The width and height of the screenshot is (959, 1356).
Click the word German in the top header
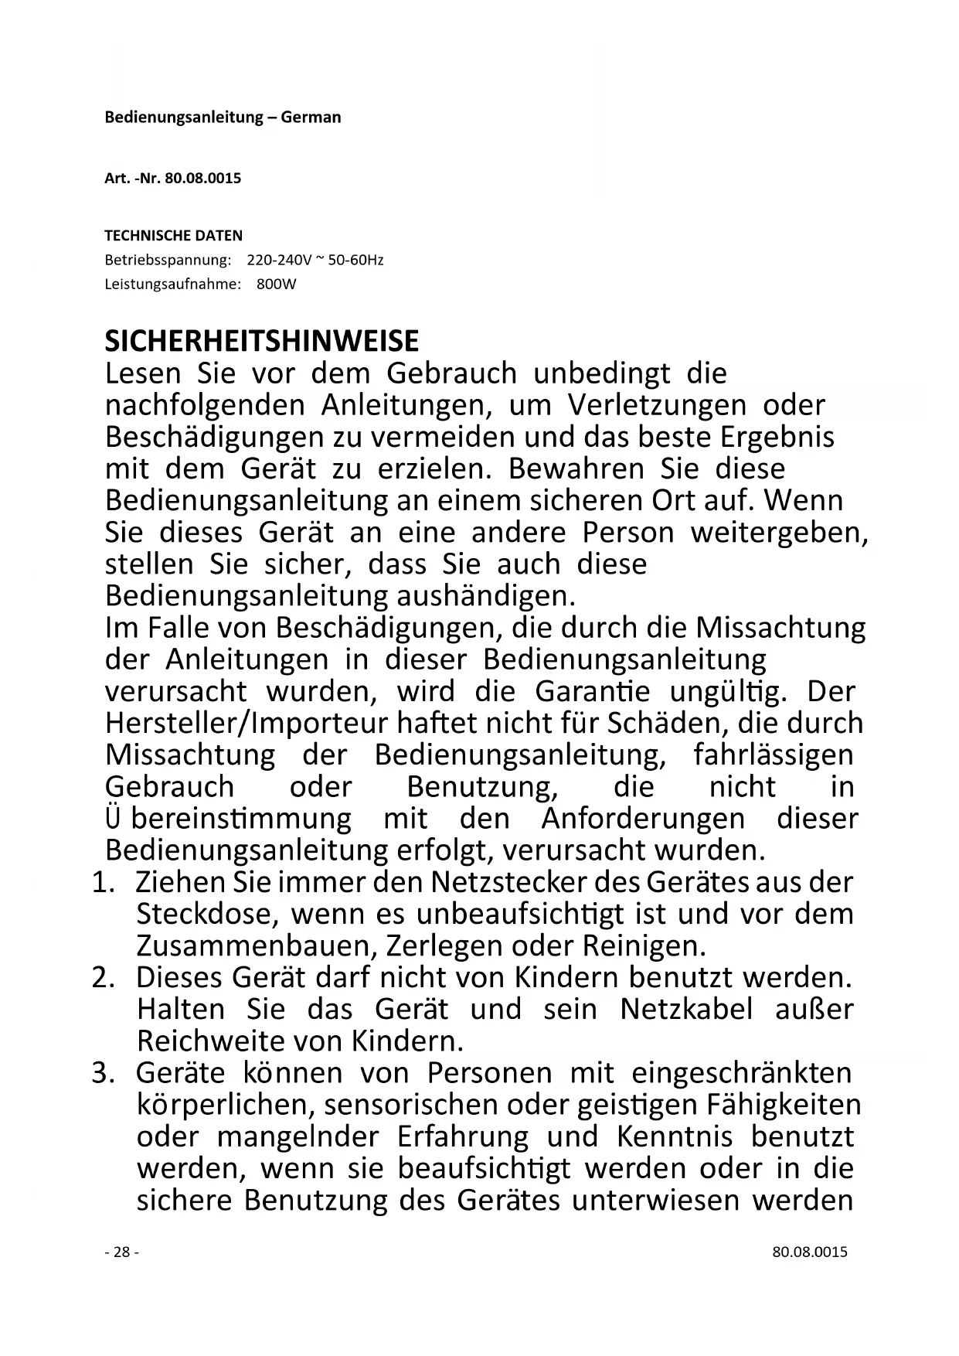(x=311, y=118)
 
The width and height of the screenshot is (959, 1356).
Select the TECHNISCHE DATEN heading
(x=173, y=235)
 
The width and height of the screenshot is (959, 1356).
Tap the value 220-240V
(x=279, y=260)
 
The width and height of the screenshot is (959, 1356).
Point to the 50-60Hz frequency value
(x=355, y=260)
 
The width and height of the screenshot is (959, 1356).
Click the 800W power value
(x=277, y=284)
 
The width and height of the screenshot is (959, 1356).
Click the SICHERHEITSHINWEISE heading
(x=262, y=341)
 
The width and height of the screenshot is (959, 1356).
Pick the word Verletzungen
(x=657, y=405)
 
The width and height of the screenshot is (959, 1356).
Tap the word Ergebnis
(x=777, y=437)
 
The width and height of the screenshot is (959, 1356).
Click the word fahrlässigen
(x=774, y=755)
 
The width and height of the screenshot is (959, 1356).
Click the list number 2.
(x=101, y=977)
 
